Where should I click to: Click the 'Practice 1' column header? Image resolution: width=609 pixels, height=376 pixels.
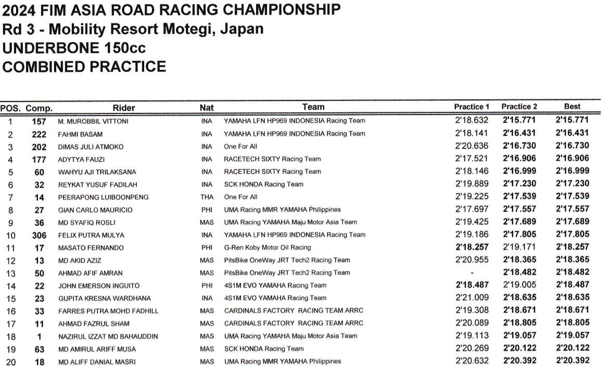[472, 107]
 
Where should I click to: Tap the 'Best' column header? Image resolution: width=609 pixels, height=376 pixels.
[572, 107]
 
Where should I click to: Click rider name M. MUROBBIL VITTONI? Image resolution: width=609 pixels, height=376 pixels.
[93, 121]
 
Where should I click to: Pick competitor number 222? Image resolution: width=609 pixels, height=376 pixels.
[39, 134]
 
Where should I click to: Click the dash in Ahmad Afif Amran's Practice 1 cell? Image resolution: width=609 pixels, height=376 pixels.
[472, 273]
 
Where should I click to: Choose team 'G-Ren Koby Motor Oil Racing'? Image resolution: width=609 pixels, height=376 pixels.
[267, 248]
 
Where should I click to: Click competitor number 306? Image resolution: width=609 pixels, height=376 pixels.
[39, 235]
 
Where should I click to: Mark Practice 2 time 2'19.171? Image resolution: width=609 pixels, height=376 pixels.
[519, 248]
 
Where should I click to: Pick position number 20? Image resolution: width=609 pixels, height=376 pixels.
[11, 361]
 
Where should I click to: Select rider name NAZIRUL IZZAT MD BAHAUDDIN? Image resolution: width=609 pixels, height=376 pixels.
[108, 336]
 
